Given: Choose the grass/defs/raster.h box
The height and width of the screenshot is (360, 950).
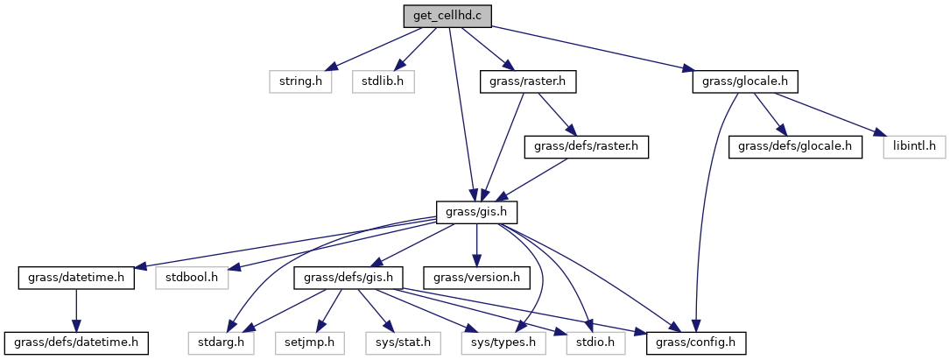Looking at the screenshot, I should pyautogui.click(x=586, y=146).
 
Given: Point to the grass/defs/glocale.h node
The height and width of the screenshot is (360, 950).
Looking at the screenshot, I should pyautogui.click(x=795, y=146).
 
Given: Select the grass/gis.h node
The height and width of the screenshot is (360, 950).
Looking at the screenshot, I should pyautogui.click(x=476, y=212).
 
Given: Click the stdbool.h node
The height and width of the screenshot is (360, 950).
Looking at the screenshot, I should pyautogui.click(x=191, y=278).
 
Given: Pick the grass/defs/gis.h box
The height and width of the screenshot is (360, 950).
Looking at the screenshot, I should pyautogui.click(x=352, y=278).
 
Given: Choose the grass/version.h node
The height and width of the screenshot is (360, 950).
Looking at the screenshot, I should pyautogui.click(x=476, y=278).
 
